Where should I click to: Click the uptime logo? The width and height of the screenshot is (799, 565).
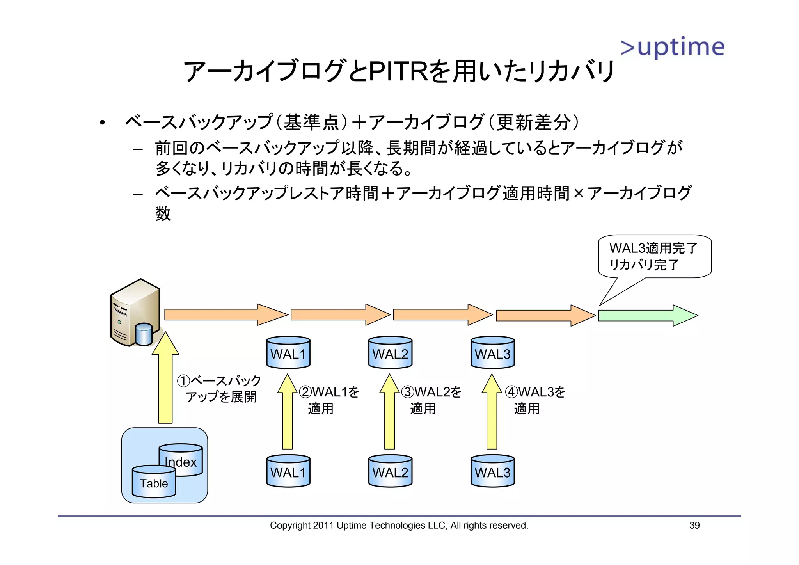pos(673,48)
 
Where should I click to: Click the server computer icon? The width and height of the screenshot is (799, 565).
pos(135,313)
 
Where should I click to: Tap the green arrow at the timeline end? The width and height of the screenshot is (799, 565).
pos(648,315)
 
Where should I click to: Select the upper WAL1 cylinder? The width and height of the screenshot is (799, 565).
pos(288,353)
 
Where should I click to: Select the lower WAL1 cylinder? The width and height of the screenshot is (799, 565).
pos(288,471)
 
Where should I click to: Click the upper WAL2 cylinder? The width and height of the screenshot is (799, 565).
pos(390,353)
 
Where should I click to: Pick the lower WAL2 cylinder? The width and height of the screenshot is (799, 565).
pos(390,471)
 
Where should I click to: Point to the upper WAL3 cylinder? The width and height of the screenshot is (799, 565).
pos(492,353)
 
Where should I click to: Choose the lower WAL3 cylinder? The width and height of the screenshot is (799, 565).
pos(492,471)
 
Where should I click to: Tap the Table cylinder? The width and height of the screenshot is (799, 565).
pos(154,482)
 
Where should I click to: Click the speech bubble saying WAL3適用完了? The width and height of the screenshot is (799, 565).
pos(655,256)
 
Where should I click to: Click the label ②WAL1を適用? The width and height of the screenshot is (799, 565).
pos(328,400)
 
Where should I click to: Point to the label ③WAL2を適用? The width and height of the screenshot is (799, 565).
pos(431,400)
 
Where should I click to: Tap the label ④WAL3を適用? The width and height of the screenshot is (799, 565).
pos(535,400)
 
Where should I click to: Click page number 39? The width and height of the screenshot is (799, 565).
pos(694,526)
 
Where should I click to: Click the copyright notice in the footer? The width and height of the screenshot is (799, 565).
pos(399,526)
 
